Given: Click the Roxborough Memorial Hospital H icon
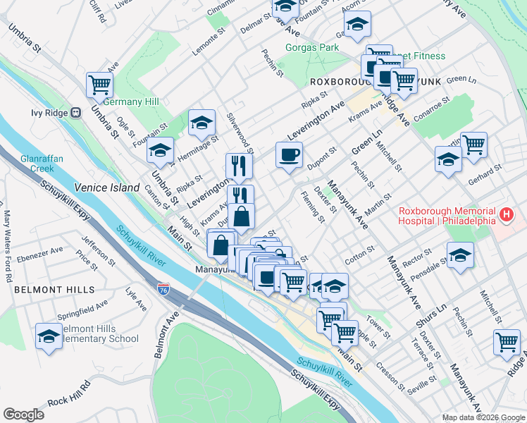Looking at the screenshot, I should pyautogui.click(x=505, y=214).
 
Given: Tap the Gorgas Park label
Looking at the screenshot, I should pyautogui.click(x=312, y=48).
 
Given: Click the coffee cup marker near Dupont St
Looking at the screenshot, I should pyautogui.click(x=288, y=155).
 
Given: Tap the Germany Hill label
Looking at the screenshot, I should pyautogui.click(x=135, y=102).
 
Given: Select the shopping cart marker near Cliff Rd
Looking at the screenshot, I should pyautogui.click(x=99, y=85).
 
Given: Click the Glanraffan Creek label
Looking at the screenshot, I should pyautogui.click(x=42, y=164).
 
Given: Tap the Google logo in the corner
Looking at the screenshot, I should pyautogui.click(x=24, y=415).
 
